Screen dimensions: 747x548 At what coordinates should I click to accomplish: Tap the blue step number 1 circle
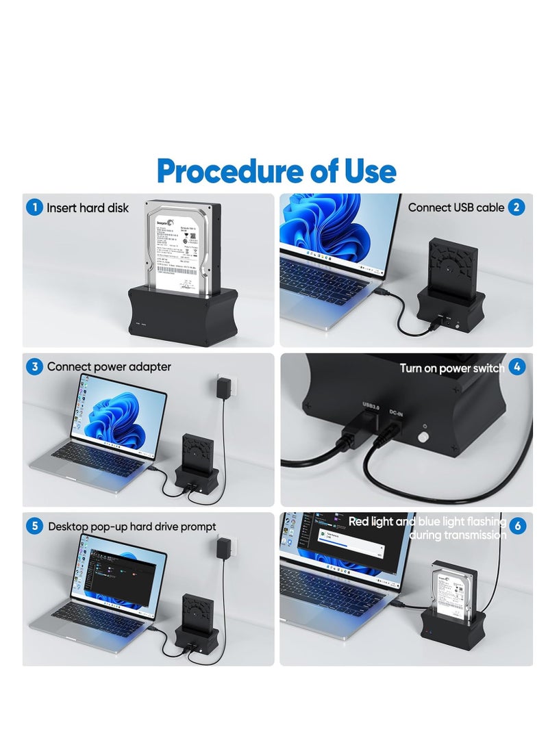34,207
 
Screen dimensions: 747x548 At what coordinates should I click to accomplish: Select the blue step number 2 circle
516,207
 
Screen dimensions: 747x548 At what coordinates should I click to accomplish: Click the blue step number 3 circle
34,367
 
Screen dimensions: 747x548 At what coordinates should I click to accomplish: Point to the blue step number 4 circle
517,368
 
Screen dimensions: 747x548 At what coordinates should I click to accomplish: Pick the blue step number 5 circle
34,527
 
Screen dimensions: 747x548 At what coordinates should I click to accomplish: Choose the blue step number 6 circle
518,527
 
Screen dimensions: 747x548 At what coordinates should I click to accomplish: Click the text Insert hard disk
88,207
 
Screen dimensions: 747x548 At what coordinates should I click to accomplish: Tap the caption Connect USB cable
456,207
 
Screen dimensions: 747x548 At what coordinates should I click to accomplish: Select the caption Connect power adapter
109,367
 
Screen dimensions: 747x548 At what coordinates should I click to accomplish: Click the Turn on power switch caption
452,368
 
